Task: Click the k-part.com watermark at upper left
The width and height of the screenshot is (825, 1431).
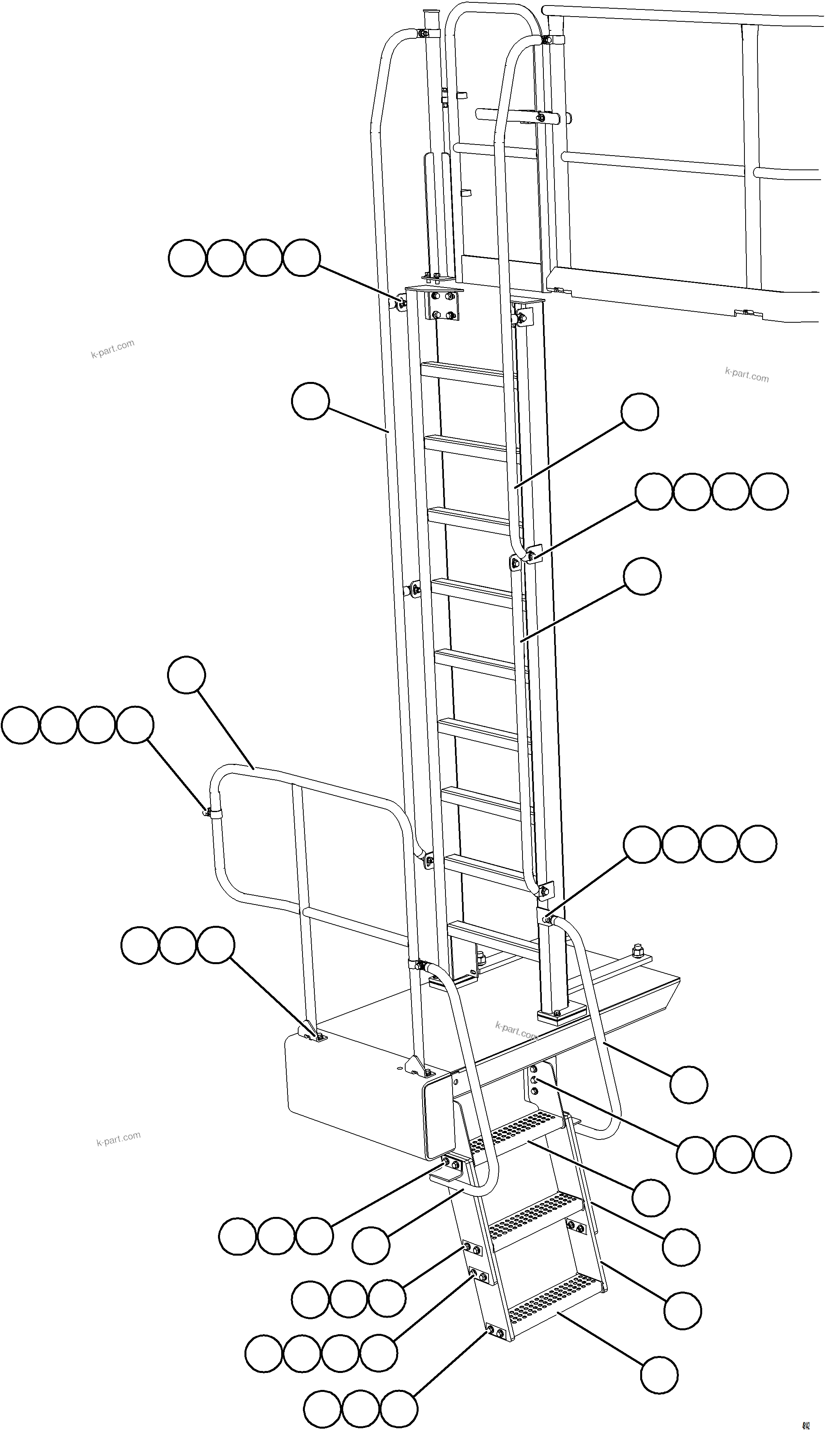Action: pos(112,349)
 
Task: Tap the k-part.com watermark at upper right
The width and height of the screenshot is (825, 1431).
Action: pos(746,374)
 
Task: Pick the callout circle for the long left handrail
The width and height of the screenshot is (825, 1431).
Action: pos(310,401)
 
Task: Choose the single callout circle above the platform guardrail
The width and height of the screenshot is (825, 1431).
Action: pos(186,674)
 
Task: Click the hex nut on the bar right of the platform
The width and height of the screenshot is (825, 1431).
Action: pos(639,948)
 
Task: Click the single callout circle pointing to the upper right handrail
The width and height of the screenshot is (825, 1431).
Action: pos(640,412)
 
